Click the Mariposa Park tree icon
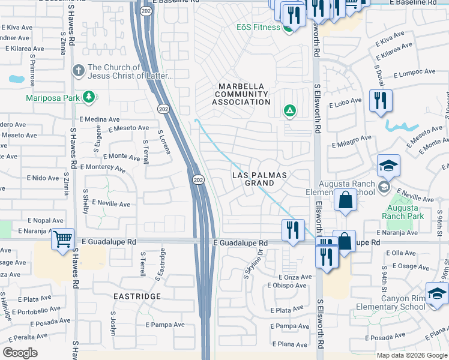click(x=89, y=97)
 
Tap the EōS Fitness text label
click(x=258, y=28)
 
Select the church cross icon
click(x=77, y=71)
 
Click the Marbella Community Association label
click(x=243, y=94)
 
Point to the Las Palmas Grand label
click(x=260, y=179)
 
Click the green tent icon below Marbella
click(x=289, y=110)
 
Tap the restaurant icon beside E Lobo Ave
click(x=381, y=100)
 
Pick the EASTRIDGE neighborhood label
click(x=136, y=296)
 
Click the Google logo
click(x=20, y=352)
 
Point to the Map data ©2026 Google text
click(x=412, y=355)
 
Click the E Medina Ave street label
click(x=86, y=119)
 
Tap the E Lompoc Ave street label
click(x=414, y=74)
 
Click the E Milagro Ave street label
click(x=352, y=142)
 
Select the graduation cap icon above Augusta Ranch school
click(x=388, y=166)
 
